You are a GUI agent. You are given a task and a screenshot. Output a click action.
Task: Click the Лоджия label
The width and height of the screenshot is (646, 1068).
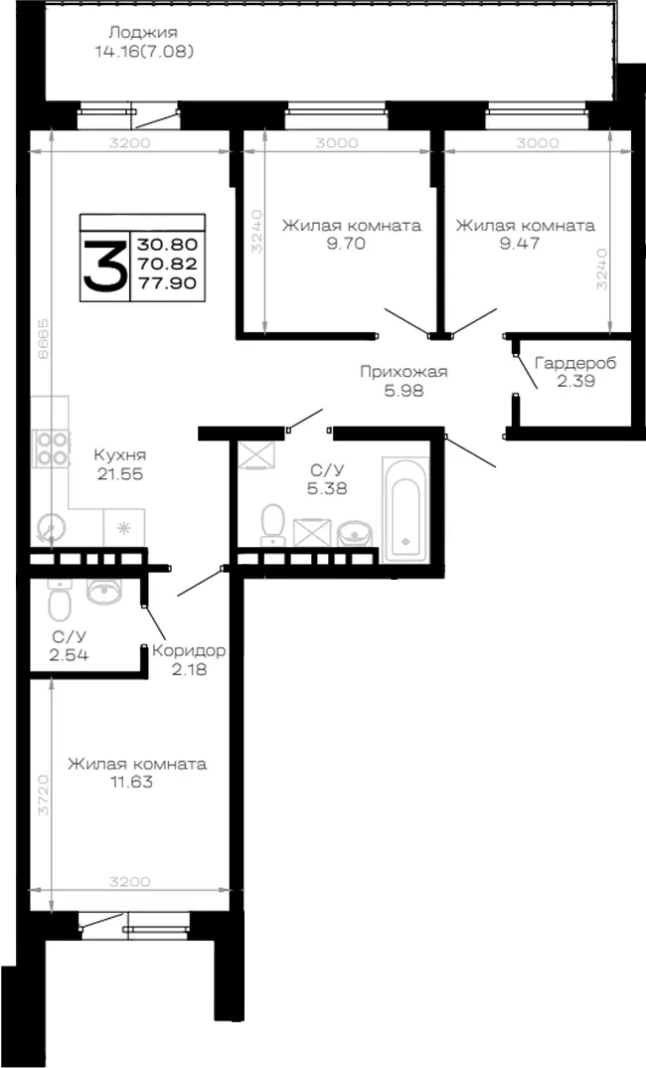click(143, 32)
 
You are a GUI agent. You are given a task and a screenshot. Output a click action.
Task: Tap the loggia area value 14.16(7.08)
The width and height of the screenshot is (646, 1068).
click(144, 51)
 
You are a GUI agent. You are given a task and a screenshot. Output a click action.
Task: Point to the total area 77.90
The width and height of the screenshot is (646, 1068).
click(167, 282)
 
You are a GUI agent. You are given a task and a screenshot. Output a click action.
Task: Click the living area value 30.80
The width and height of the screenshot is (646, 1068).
click(167, 244)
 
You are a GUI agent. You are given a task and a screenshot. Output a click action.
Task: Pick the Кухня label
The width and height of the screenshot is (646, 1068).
click(120, 455)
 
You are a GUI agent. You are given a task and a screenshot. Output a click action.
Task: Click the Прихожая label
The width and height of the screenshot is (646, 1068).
click(404, 372)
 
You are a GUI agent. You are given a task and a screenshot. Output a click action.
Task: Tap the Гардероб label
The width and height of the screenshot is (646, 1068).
click(575, 363)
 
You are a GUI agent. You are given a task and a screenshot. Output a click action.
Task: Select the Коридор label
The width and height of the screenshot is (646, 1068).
click(189, 650)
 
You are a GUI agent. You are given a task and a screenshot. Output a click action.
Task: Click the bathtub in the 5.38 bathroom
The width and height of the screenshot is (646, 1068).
click(405, 509)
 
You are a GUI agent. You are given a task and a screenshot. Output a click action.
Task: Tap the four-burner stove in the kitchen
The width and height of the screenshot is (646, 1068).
click(51, 447)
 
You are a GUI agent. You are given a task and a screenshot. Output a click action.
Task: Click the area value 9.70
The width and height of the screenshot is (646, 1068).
click(346, 244)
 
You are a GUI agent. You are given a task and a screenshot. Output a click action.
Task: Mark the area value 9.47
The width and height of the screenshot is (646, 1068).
click(520, 244)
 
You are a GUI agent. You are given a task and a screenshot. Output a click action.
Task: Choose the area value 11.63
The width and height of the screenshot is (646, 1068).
click(131, 782)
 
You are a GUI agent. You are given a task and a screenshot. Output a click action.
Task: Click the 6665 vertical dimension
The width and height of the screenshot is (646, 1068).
click(43, 342)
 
